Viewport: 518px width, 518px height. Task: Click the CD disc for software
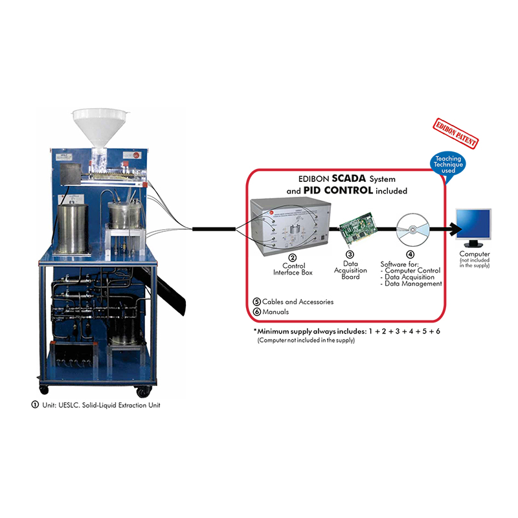click(x=411, y=228)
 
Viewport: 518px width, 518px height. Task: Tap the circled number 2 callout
click(x=292, y=258)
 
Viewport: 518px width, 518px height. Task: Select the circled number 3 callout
click(x=350, y=254)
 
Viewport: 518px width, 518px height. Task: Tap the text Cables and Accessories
click(x=298, y=302)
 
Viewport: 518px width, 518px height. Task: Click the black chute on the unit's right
click(x=170, y=285)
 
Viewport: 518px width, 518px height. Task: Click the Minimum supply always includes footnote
click(x=346, y=331)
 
